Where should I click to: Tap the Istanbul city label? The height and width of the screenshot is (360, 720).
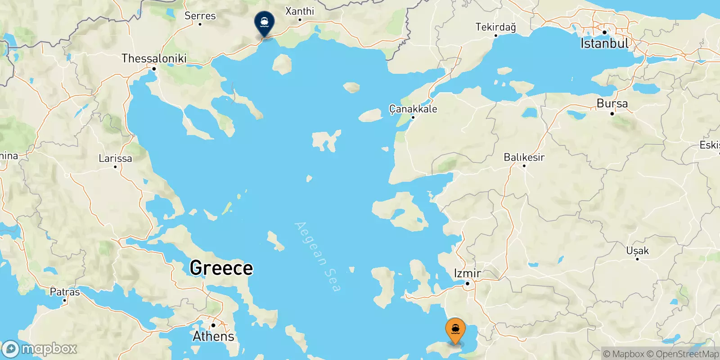click(x=604, y=43)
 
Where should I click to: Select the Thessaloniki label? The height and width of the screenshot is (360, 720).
click(x=154, y=58)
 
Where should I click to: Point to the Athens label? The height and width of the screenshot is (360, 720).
click(x=214, y=336)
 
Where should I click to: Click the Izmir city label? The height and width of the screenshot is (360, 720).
click(x=468, y=273)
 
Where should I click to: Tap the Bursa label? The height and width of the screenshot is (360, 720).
click(x=612, y=103)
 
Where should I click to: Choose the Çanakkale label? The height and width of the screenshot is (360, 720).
click(x=413, y=109)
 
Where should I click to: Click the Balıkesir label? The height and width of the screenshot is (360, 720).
click(x=524, y=157)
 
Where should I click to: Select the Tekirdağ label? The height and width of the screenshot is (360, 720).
click(x=495, y=27)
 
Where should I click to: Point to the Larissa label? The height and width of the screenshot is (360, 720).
click(x=115, y=158)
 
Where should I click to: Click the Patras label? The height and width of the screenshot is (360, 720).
click(x=65, y=292)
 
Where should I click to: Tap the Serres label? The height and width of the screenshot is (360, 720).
click(x=200, y=16)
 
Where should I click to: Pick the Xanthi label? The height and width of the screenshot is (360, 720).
click(x=300, y=11)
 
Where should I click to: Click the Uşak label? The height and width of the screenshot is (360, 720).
click(x=637, y=251)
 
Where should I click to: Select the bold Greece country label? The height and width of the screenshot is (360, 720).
click(x=221, y=268)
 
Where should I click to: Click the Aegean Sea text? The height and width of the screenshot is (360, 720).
click(x=317, y=256)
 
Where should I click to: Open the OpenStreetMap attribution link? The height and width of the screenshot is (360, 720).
click(x=687, y=354)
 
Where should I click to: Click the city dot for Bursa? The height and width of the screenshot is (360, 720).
click(x=612, y=113)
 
